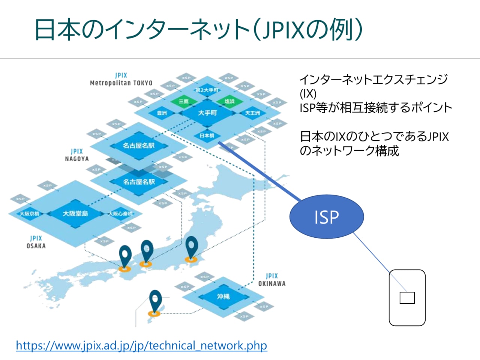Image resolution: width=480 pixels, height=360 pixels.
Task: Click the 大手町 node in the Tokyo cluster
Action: (207, 112)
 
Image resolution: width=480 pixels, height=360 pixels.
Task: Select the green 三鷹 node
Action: (183, 101)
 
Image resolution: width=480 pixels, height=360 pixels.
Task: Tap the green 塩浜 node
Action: (229, 101)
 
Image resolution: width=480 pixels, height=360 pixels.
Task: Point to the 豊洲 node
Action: (162, 113)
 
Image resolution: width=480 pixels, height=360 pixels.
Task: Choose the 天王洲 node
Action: (252, 113)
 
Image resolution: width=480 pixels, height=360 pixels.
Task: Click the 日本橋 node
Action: (207, 135)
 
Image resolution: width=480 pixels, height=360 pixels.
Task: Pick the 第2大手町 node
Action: (207, 90)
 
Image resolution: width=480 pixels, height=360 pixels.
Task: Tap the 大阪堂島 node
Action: (75, 213)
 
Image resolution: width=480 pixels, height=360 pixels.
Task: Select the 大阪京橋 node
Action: (29, 214)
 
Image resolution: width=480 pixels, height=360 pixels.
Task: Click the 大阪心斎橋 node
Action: (120, 214)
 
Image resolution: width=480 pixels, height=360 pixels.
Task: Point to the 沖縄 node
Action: (223, 297)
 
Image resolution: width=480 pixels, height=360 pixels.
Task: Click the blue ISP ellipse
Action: (326, 217)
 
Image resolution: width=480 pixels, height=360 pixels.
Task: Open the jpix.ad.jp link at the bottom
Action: (141, 345)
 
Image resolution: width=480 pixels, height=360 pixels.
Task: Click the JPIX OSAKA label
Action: (36, 242)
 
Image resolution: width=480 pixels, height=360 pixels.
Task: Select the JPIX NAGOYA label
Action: (76, 155)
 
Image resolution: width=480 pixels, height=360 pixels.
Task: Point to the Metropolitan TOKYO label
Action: (121, 83)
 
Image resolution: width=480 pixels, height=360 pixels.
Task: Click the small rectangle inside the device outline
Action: (407, 298)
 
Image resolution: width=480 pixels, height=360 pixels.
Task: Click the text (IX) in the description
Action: (308, 93)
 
